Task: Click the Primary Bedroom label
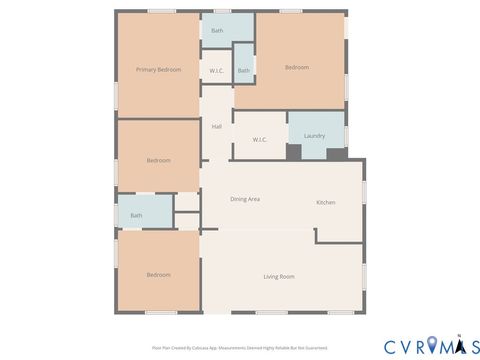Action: (x=159, y=69)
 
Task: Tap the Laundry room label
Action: (x=314, y=136)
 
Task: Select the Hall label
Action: (x=216, y=126)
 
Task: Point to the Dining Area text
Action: (x=245, y=199)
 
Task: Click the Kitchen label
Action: (x=326, y=203)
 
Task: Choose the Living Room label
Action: (x=279, y=276)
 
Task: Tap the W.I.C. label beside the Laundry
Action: (x=259, y=139)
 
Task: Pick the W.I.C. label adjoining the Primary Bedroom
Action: (x=217, y=71)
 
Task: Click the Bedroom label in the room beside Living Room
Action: (x=159, y=274)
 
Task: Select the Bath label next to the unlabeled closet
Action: (x=136, y=215)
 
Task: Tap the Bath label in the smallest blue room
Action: (x=243, y=71)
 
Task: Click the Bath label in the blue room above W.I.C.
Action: (x=217, y=31)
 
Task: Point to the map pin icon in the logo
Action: (x=432, y=346)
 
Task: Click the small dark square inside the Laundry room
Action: (x=294, y=152)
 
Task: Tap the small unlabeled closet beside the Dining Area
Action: (x=187, y=201)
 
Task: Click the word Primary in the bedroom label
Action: (x=147, y=69)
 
